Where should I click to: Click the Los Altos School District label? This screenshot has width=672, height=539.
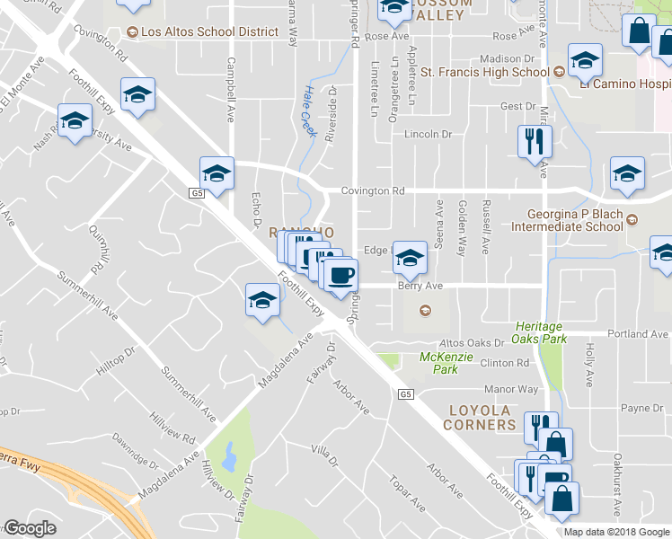click(x=209, y=32)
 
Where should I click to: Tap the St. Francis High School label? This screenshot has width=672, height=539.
click(x=484, y=72)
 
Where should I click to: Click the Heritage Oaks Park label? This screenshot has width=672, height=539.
click(x=539, y=332)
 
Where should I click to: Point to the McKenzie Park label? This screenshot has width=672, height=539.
click(x=439, y=362)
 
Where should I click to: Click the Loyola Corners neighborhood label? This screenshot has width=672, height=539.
click(x=480, y=417)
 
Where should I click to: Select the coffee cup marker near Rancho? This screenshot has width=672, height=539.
click(x=341, y=274)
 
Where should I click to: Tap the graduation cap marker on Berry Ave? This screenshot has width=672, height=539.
click(x=410, y=259)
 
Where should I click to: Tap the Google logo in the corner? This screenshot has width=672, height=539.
click(x=30, y=529)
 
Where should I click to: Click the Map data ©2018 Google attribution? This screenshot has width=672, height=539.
click(x=616, y=532)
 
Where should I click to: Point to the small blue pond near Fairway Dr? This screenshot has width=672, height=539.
click(x=230, y=455)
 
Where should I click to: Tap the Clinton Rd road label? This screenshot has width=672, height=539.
click(x=505, y=363)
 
